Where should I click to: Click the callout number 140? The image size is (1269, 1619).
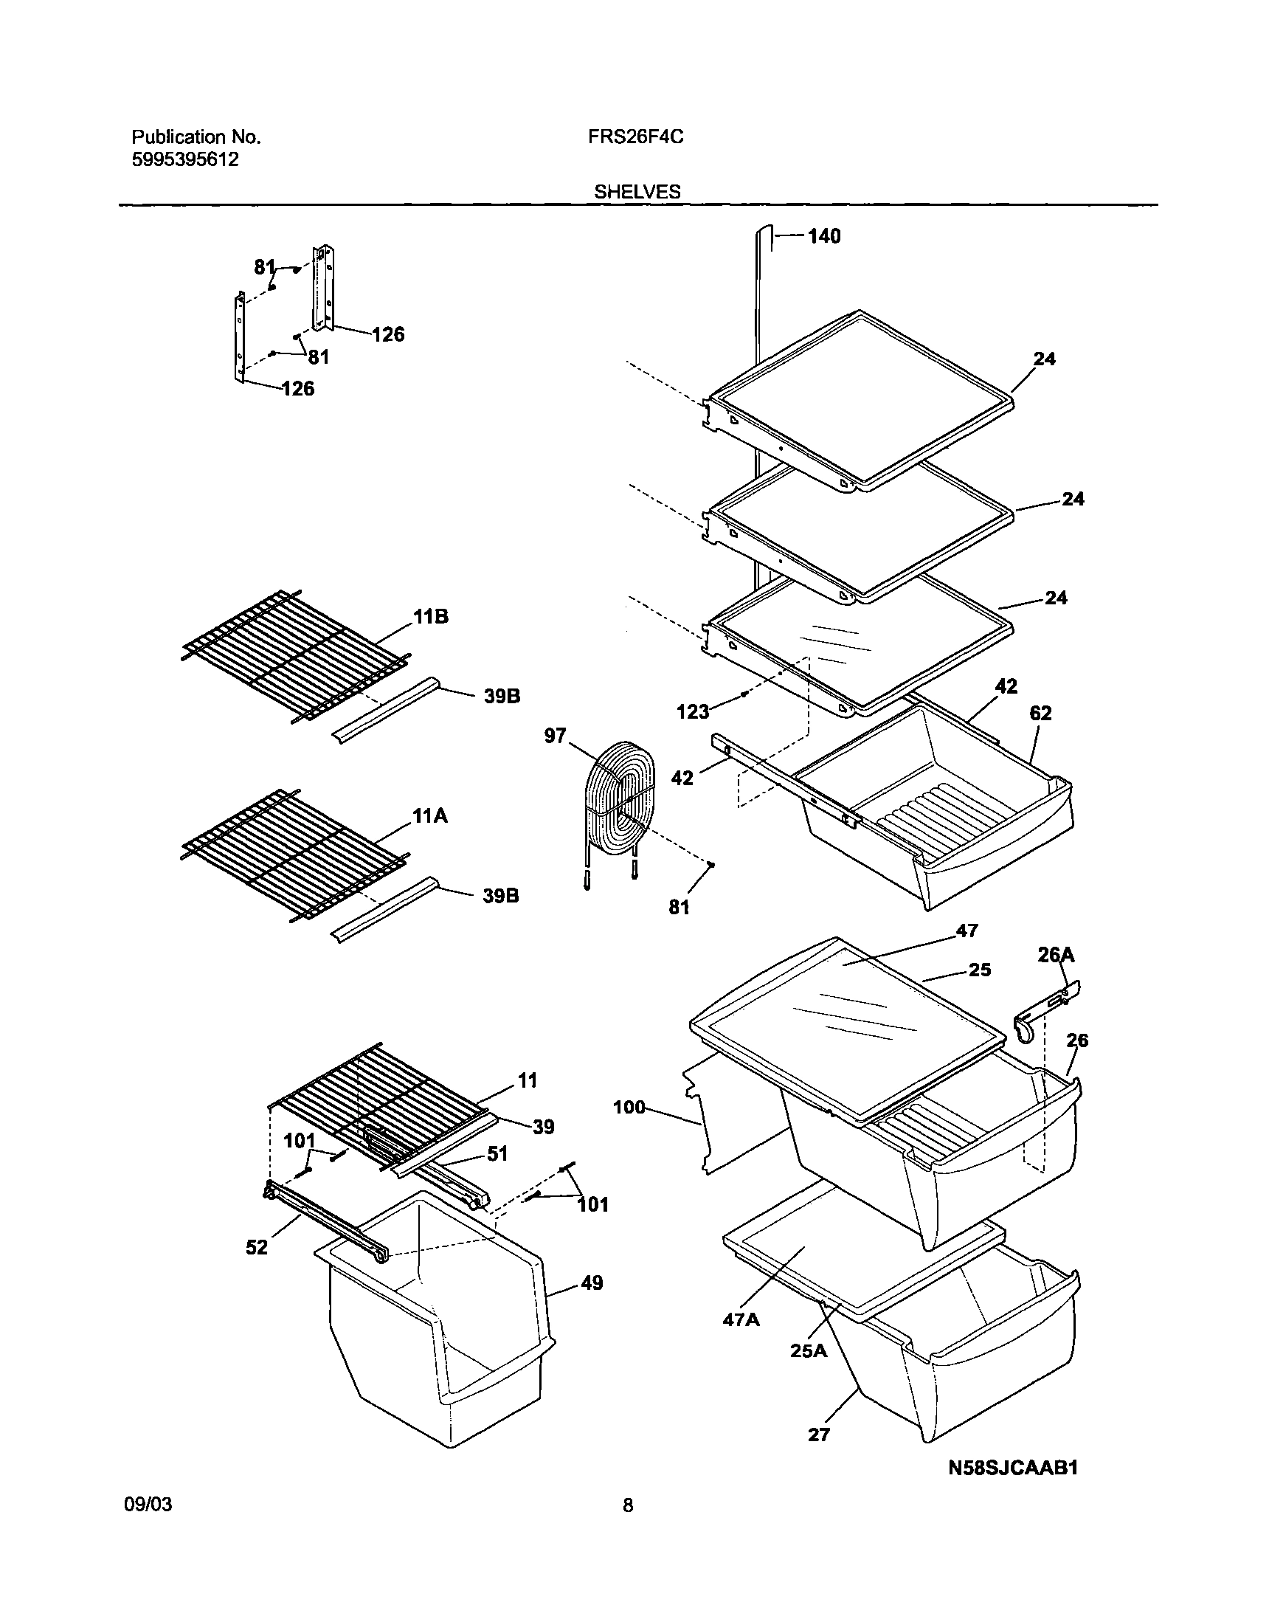pos(823,236)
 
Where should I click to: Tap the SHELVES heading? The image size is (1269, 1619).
pos(637,192)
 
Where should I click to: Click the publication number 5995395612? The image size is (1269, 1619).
pos(185,159)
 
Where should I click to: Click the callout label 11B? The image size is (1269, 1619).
pos(431,617)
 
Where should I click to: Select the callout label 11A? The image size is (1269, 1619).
pos(430,816)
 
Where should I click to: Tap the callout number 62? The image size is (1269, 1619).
pos(1040,714)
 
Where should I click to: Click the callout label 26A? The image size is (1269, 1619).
pos(1056,954)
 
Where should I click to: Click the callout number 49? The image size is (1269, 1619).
pos(592,1283)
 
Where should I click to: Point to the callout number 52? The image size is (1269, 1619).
pos(256,1248)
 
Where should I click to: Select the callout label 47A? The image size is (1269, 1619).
pos(741,1319)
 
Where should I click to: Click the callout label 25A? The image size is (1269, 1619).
pos(809,1351)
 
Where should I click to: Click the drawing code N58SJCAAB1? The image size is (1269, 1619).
pos(1013,1468)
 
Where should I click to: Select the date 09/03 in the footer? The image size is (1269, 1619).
pos(147,1505)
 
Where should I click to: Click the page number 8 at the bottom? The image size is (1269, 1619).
pos(628,1506)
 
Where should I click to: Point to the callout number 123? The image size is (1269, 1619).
pos(693,712)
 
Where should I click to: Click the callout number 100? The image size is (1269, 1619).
pos(629,1107)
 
